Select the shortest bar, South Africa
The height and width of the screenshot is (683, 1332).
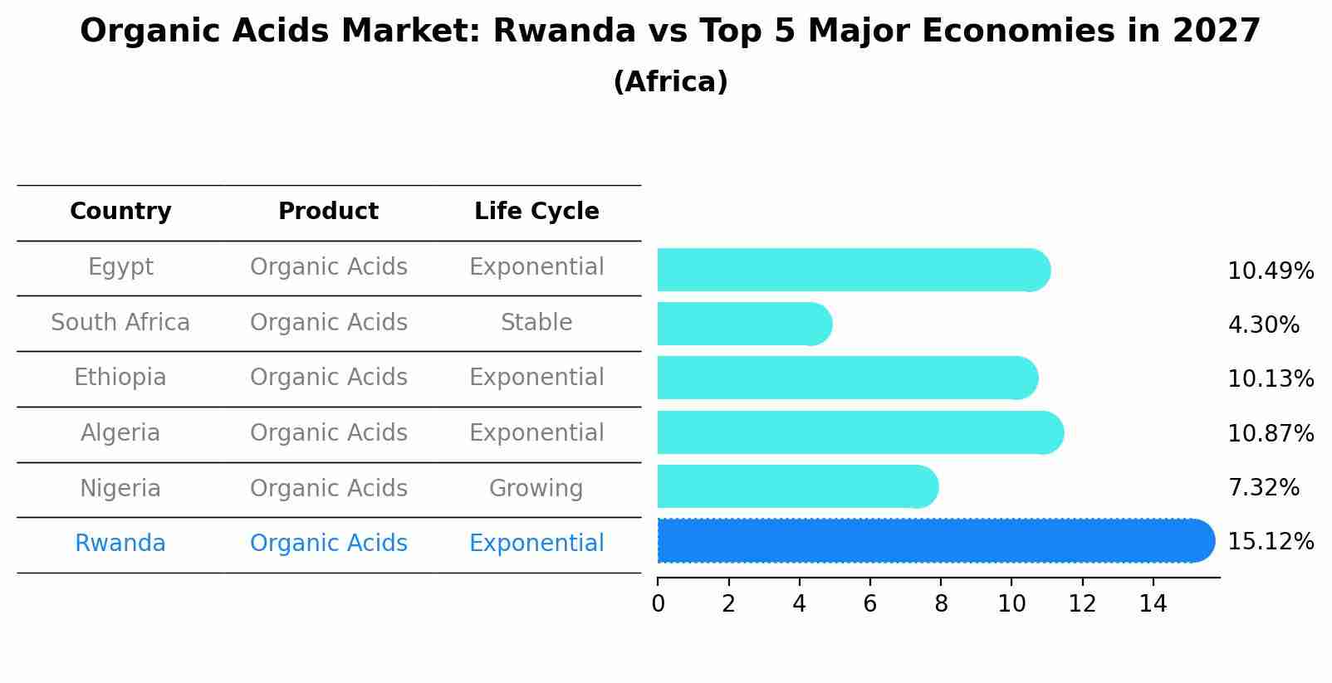click(743, 324)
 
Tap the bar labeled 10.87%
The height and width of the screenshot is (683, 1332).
click(859, 432)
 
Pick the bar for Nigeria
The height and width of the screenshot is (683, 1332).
click(797, 486)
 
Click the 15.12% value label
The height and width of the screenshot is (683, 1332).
click(1271, 542)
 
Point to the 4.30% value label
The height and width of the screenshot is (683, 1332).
click(1263, 324)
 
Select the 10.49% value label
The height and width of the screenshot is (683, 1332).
click(1271, 271)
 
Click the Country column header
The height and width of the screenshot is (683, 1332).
click(120, 212)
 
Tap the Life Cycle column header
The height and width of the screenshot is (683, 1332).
click(536, 212)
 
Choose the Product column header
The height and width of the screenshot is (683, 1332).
click(328, 212)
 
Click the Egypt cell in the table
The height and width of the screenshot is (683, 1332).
click(120, 267)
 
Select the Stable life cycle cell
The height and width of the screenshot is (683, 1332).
click(536, 323)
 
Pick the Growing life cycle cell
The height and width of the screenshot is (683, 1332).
click(536, 489)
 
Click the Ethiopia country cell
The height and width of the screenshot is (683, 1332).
click(120, 378)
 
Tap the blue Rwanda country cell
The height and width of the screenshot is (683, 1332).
click(120, 544)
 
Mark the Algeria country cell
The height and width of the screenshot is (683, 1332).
click(120, 433)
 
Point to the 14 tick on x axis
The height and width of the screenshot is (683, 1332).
click(1153, 604)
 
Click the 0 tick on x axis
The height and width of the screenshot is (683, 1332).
click(658, 604)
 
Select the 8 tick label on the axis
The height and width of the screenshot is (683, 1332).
click(941, 604)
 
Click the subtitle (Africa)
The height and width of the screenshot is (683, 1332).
click(670, 82)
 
